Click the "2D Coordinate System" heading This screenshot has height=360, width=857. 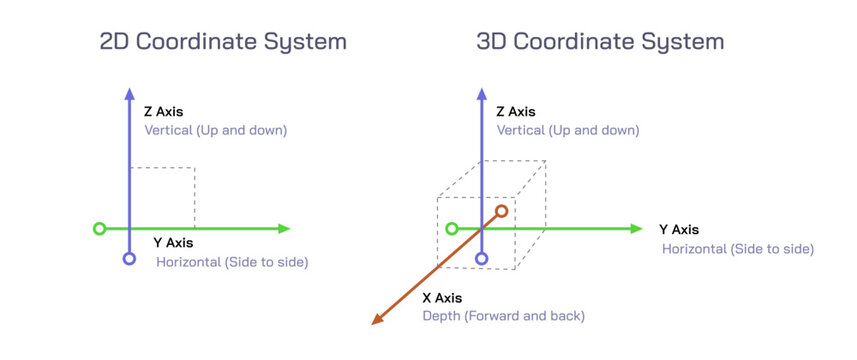(x=223, y=42)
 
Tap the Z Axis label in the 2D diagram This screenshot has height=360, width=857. (x=164, y=112)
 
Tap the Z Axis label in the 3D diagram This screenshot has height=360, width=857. (x=516, y=112)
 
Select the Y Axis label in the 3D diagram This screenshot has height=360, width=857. (x=679, y=229)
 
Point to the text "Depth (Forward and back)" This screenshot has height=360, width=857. (x=503, y=315)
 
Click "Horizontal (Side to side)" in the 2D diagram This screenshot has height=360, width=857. (x=232, y=262)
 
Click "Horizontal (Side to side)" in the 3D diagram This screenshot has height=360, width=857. (x=737, y=249)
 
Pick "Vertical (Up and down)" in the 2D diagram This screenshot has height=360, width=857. (x=215, y=130)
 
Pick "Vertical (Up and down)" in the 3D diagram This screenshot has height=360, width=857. (x=567, y=130)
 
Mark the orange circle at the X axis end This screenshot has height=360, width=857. (x=503, y=211)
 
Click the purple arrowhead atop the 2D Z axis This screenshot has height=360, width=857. (x=128, y=94)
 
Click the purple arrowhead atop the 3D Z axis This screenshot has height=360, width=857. (x=481, y=94)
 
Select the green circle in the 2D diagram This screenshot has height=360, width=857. (x=98, y=229)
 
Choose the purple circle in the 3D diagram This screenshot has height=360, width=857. (x=481, y=259)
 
